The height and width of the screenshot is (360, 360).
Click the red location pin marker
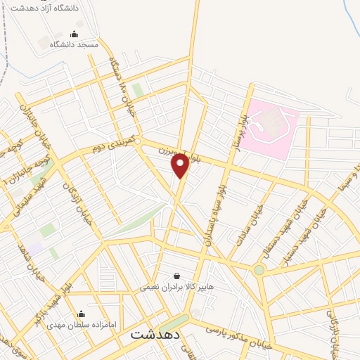180,165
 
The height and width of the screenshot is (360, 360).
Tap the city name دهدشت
155,335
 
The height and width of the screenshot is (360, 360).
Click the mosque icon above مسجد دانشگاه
75,34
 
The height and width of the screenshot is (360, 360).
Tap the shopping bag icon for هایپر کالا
176,276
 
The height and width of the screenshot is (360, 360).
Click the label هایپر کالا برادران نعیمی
176,286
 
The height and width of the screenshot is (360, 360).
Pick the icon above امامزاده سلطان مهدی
81,314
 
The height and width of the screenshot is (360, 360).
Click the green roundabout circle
259,270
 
